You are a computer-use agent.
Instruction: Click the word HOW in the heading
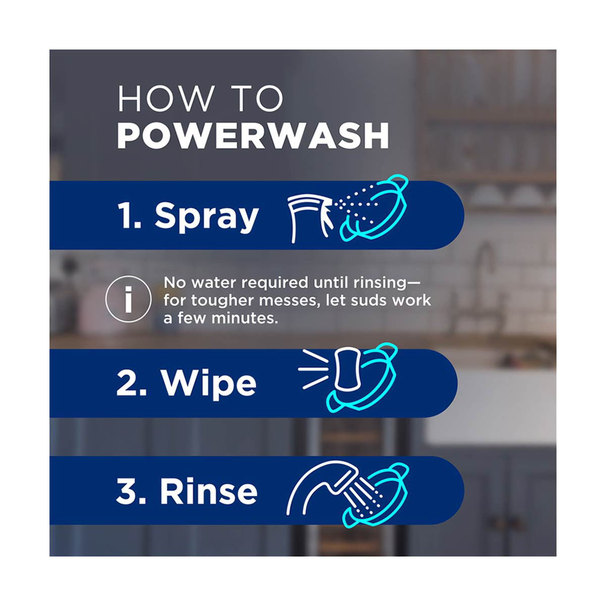point(166,98)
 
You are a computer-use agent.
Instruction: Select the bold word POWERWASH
point(253,135)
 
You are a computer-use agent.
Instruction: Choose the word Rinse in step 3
point(209,492)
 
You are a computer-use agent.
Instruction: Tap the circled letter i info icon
point(128,299)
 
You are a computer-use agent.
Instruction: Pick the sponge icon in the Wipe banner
point(347,369)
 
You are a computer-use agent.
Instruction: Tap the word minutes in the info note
point(244,318)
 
